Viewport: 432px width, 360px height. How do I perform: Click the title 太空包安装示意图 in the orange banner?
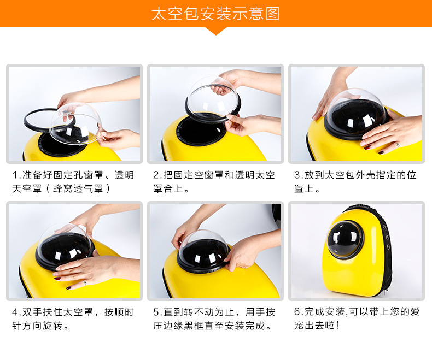click(215, 14)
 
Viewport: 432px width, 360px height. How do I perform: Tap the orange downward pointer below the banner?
click(216, 31)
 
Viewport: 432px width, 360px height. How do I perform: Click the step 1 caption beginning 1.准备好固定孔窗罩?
click(73, 182)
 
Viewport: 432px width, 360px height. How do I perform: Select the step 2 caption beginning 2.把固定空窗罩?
click(214, 182)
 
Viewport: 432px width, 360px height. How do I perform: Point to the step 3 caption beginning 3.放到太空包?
click(355, 182)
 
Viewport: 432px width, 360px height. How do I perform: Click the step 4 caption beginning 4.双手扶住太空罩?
click(73, 318)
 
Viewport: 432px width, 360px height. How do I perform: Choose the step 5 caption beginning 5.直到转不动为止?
click(214, 318)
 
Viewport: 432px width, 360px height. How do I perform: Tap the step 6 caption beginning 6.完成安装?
click(357, 318)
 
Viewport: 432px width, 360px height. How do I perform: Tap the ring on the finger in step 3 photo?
click(397, 145)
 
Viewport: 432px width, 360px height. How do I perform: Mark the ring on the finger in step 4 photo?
click(85, 282)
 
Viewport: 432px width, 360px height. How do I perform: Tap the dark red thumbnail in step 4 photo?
click(57, 278)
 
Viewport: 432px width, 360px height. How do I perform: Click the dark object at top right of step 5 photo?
click(276, 215)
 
